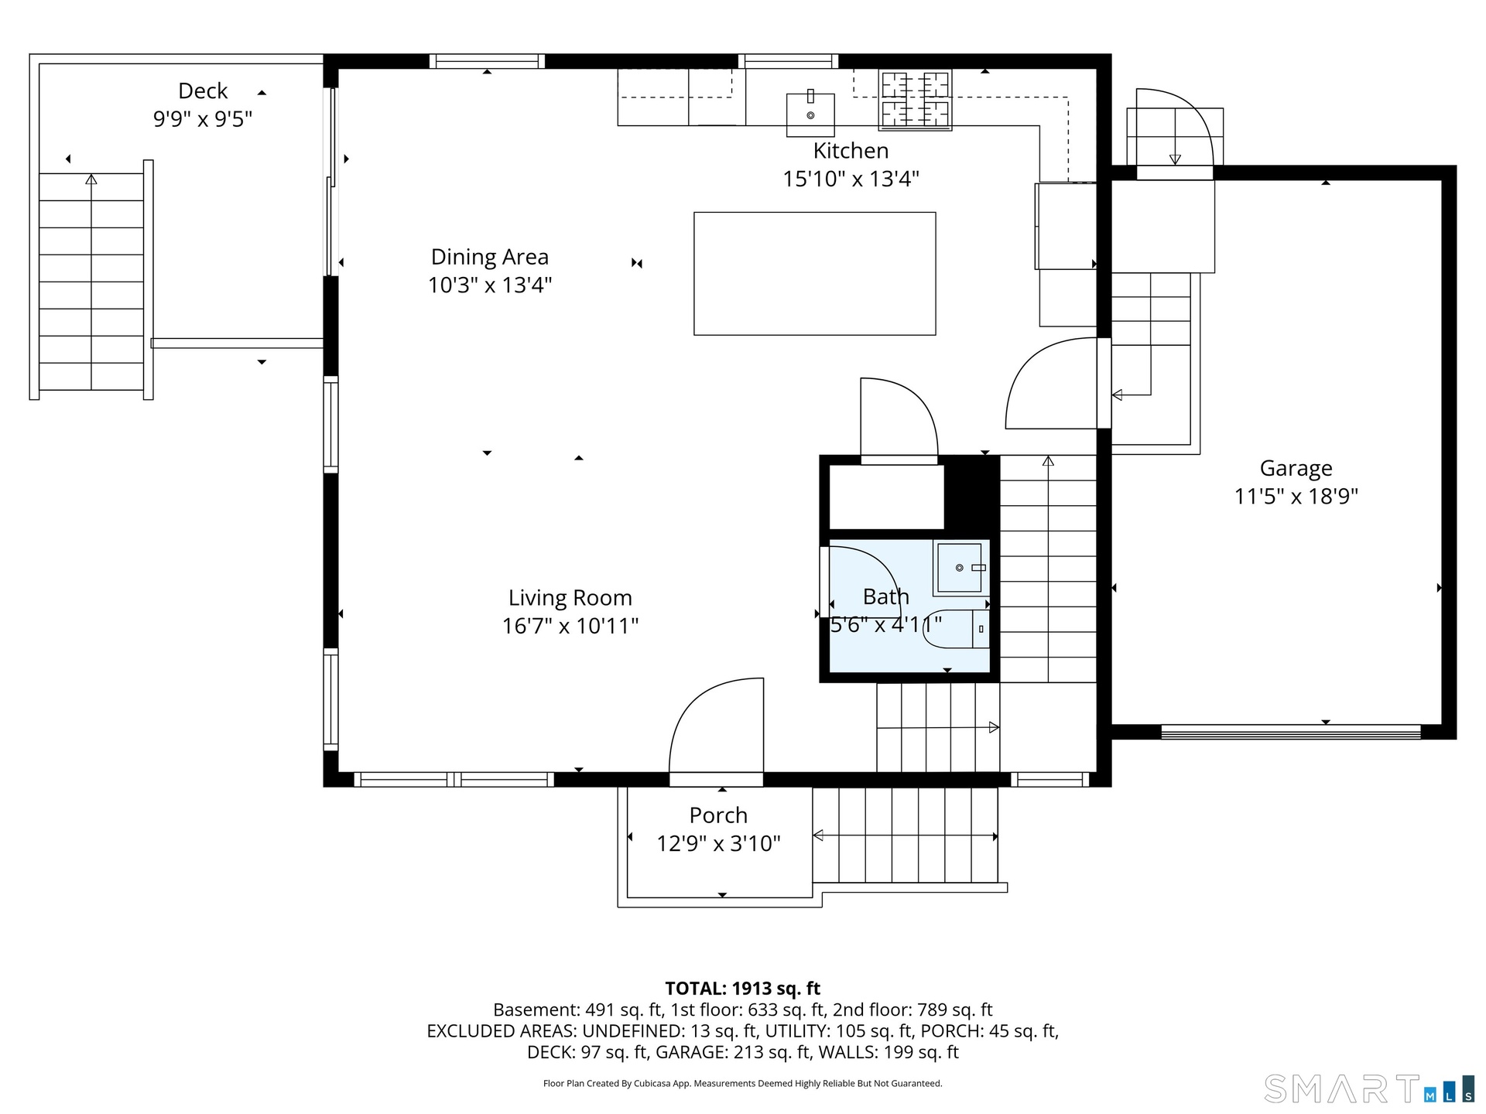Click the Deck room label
203,91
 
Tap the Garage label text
1296,468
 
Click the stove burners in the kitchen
915,100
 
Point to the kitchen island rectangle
814,274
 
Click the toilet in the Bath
957,629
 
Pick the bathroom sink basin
960,569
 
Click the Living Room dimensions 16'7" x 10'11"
570,626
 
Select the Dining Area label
490,257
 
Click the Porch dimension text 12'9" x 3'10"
718,843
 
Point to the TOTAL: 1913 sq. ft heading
743,988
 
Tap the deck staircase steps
91,282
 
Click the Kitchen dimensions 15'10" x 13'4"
851,179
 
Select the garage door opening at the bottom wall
1291,732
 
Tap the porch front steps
906,835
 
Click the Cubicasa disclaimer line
743,1083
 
